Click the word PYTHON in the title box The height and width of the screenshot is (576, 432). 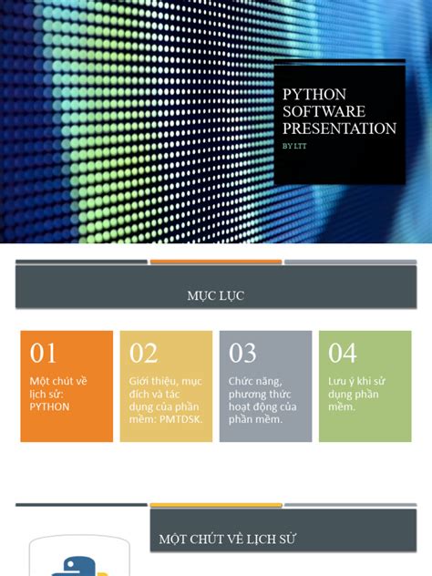click(x=314, y=95)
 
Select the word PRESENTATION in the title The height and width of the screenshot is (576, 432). click(x=339, y=129)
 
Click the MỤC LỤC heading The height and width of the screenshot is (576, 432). click(x=215, y=295)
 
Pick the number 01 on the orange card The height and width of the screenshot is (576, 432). click(x=44, y=353)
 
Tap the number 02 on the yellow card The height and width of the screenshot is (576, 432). click(x=143, y=353)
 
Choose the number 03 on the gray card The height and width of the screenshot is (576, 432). click(x=242, y=353)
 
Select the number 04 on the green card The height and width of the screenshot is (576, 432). click(x=342, y=353)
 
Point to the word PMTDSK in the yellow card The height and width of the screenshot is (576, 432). click(x=183, y=419)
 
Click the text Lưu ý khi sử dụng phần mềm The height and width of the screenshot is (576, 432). click(x=358, y=394)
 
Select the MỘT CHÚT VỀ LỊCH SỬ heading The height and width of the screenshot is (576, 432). click(x=227, y=540)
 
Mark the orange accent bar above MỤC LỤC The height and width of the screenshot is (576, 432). click(x=215, y=262)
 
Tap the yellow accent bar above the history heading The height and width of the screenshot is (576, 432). click(x=215, y=504)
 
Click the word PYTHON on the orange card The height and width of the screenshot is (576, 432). click(x=49, y=406)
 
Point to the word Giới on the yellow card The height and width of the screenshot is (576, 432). click(x=139, y=381)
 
